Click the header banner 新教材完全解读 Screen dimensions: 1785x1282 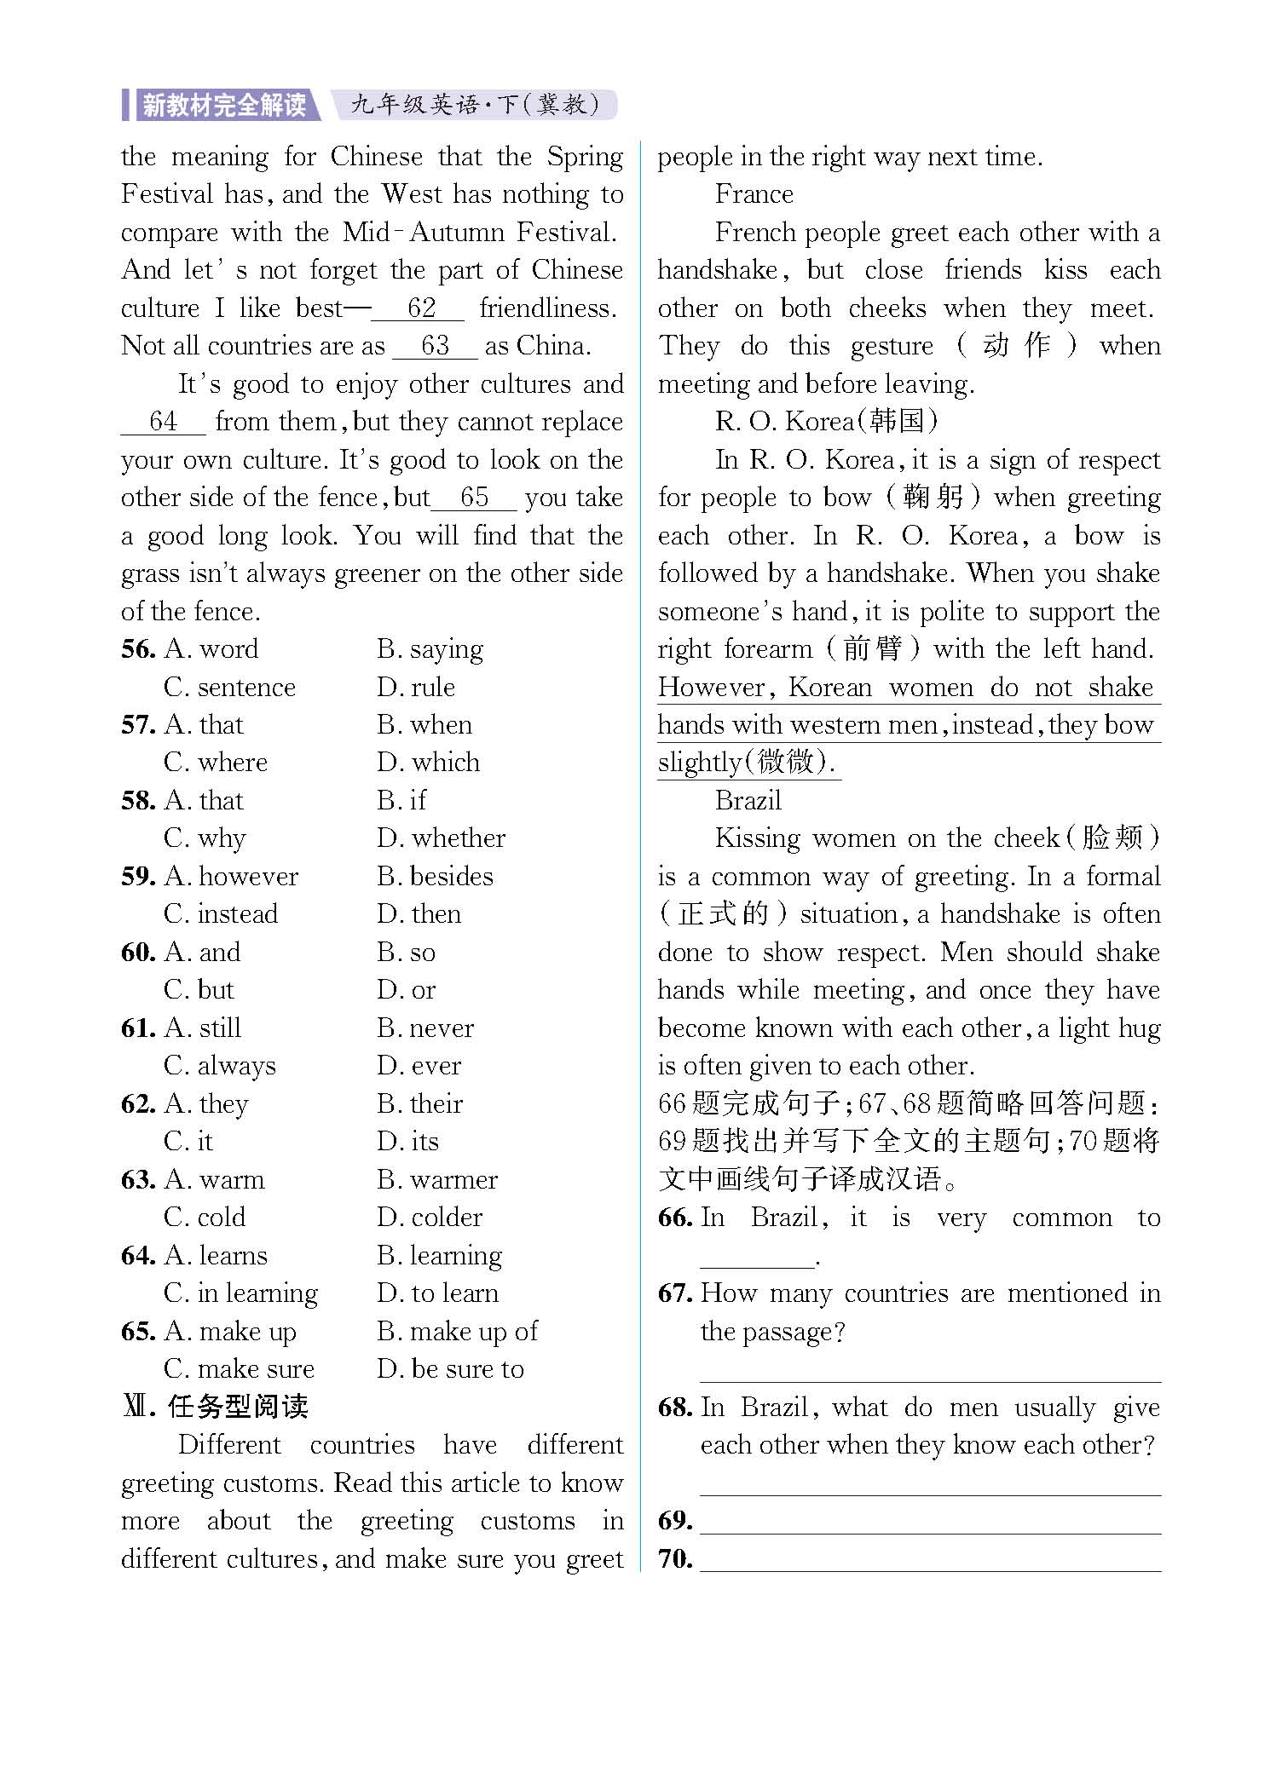(223, 105)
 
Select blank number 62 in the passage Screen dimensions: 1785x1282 (420, 308)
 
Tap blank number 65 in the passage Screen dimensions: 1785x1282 (474, 498)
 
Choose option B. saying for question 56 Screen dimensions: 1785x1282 (430, 649)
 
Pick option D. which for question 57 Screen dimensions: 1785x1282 (429, 763)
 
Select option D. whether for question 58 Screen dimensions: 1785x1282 (442, 838)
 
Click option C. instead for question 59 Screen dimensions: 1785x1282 (221, 914)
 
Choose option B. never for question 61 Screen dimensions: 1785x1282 (425, 1028)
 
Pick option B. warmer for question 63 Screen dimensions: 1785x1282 (437, 1180)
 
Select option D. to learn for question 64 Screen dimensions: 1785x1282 (438, 1293)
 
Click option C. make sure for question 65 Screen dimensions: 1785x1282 (239, 1369)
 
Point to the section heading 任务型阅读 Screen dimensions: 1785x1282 (237, 1407)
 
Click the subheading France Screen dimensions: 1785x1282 (754, 194)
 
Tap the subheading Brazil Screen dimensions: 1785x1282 (748, 801)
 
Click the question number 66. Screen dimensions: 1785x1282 (675, 1218)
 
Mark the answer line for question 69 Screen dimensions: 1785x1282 (930, 1523)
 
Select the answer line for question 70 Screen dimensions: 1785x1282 (930, 1560)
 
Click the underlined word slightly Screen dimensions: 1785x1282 (700, 763)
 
